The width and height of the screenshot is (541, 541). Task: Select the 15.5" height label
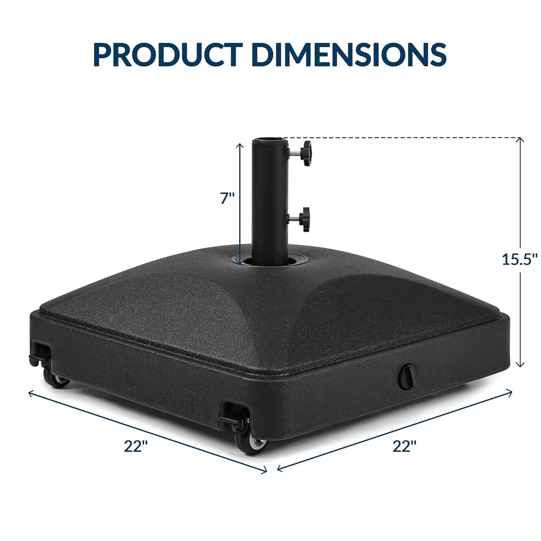pos(520,259)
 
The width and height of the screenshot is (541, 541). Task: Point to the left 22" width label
pos(136,447)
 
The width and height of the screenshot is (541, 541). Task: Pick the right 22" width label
pos(405,447)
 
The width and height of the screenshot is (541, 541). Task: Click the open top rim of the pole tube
pos(267,140)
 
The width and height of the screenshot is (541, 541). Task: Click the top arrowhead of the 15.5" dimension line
pos(520,140)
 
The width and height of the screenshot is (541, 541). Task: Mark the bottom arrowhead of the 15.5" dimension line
pos(520,365)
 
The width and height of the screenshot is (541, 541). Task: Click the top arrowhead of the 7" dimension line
pos(238,144)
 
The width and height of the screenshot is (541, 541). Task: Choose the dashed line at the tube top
pos(397,137)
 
